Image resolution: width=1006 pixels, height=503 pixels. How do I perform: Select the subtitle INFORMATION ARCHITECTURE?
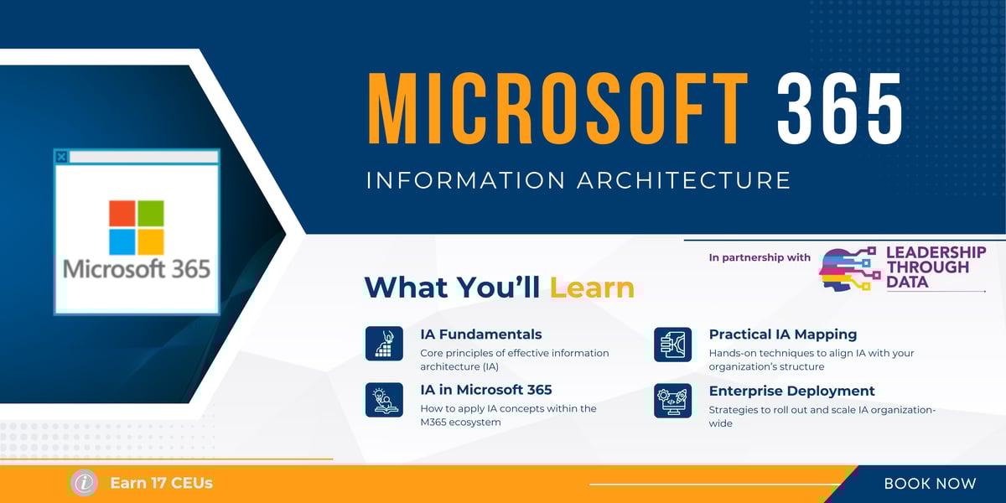[x=578, y=180]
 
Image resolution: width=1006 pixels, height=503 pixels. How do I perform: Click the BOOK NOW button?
[x=930, y=484]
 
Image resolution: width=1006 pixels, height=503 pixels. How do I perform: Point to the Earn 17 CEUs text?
[x=161, y=484]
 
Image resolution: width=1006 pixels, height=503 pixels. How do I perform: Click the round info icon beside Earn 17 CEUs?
[x=84, y=483]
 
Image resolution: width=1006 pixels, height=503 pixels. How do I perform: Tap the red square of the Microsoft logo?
[x=122, y=213]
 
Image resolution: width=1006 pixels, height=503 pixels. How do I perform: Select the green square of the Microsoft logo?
[x=151, y=213]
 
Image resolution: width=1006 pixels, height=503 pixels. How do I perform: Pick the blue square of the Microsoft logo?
[x=122, y=241]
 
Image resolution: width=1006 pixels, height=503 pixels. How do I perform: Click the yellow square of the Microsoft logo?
[x=151, y=241]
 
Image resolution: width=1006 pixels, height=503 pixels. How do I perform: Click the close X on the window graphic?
[x=60, y=156]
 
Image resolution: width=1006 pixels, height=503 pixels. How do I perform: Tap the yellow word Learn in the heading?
[x=592, y=288]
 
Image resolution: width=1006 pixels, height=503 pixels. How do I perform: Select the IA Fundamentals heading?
[x=480, y=334]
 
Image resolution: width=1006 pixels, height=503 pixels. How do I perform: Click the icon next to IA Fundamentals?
[x=385, y=344]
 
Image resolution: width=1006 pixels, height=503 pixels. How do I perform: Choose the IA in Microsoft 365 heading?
[x=486, y=390]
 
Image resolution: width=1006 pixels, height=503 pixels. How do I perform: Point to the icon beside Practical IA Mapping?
[x=672, y=345]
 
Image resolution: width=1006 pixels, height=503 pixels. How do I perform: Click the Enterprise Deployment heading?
[x=791, y=391]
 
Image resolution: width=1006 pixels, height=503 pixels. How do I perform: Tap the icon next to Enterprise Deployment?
[x=672, y=400]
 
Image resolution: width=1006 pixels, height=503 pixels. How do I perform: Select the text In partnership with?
[x=760, y=258]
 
